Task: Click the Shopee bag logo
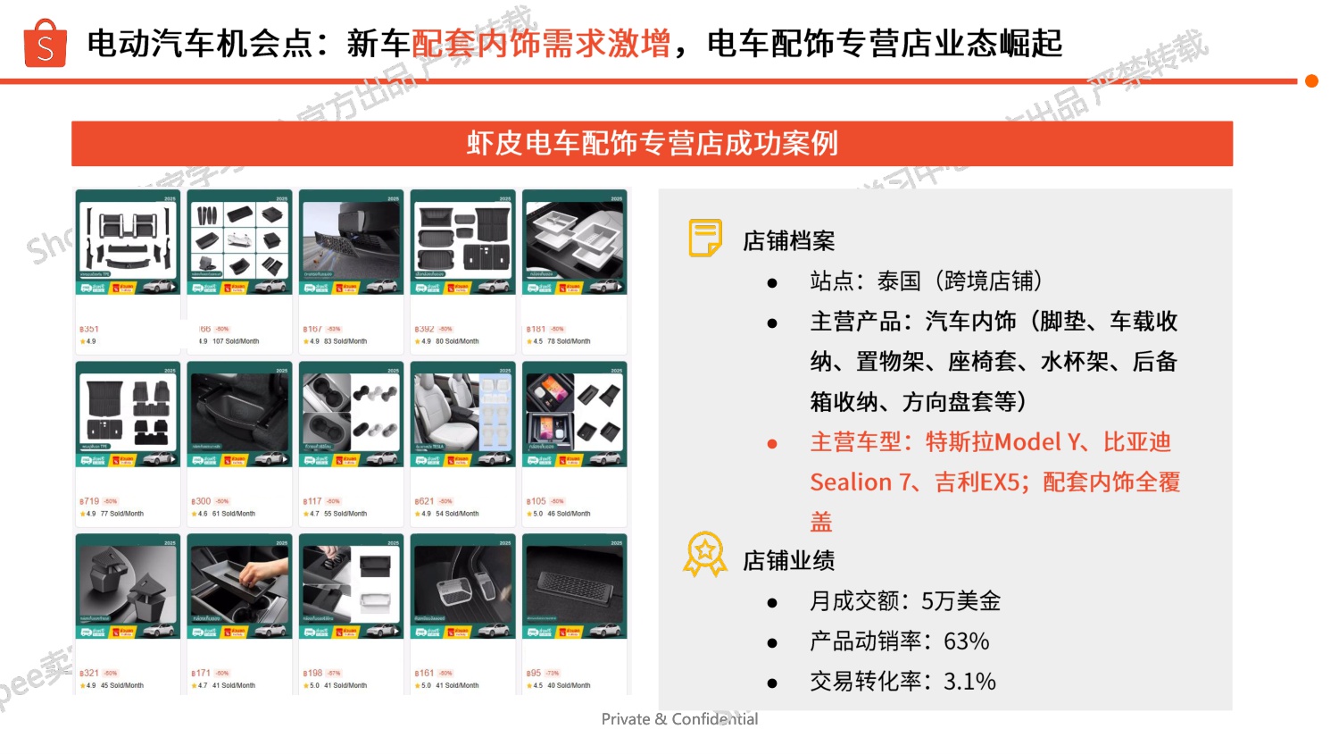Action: click(x=45, y=44)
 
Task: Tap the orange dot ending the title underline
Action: click(x=1311, y=81)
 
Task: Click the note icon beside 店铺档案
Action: click(x=705, y=239)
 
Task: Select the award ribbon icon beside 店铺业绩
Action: click(x=705, y=555)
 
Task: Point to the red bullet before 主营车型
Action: click(x=772, y=444)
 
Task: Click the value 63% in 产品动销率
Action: click(x=967, y=641)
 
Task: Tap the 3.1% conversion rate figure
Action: click(x=969, y=682)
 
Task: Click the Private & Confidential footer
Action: click(x=679, y=719)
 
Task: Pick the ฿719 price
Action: click(x=89, y=501)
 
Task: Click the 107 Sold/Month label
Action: click(x=236, y=341)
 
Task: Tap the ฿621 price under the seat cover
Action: click(x=424, y=501)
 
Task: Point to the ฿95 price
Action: click(x=534, y=673)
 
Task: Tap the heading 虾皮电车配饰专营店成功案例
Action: click(x=652, y=144)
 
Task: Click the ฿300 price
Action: click(x=201, y=501)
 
